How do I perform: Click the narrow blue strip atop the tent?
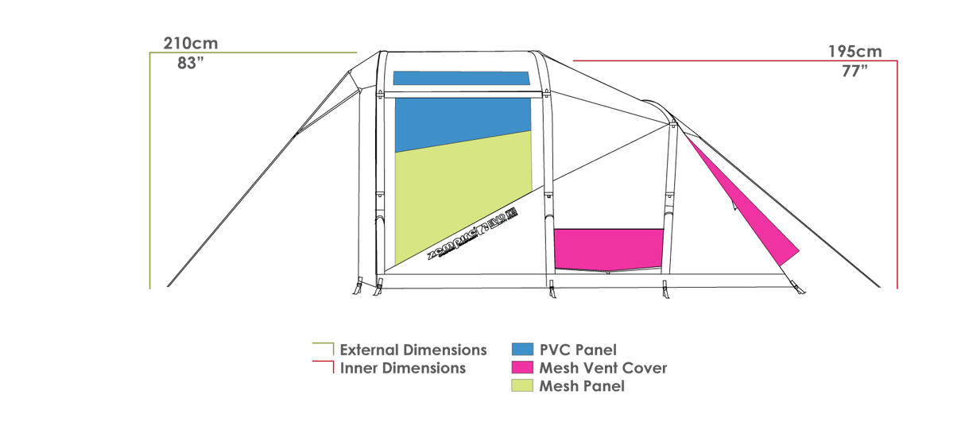461,78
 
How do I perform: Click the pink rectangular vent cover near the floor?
608,249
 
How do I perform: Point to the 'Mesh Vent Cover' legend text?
603,368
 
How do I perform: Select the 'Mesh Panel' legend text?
582,387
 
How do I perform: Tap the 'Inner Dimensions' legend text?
402,368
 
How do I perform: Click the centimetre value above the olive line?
191,44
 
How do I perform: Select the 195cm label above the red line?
855,51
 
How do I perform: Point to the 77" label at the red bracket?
855,71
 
